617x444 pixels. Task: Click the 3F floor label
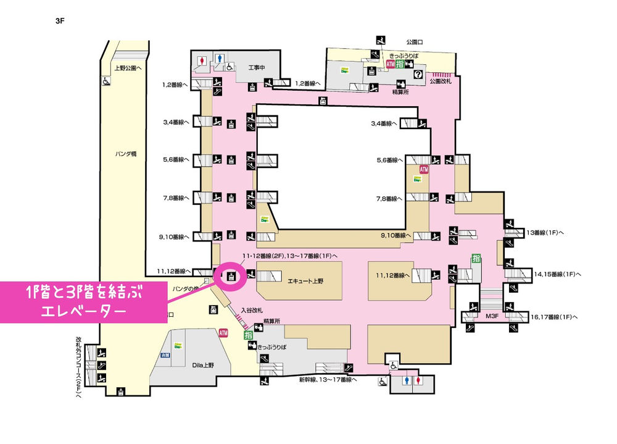[60, 20]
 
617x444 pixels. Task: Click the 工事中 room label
[257, 67]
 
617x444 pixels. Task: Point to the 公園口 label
[414, 42]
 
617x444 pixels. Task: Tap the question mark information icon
[418, 74]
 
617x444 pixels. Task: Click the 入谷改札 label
[252, 310]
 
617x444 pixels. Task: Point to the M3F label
[492, 316]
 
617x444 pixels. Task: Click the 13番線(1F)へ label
[548, 233]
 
